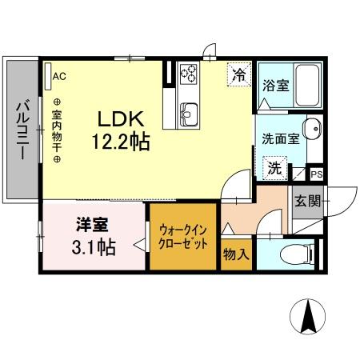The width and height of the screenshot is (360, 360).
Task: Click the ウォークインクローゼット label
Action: click(184, 234)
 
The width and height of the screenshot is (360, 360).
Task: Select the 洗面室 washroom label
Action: click(281, 138)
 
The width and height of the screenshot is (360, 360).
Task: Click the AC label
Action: click(60, 77)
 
